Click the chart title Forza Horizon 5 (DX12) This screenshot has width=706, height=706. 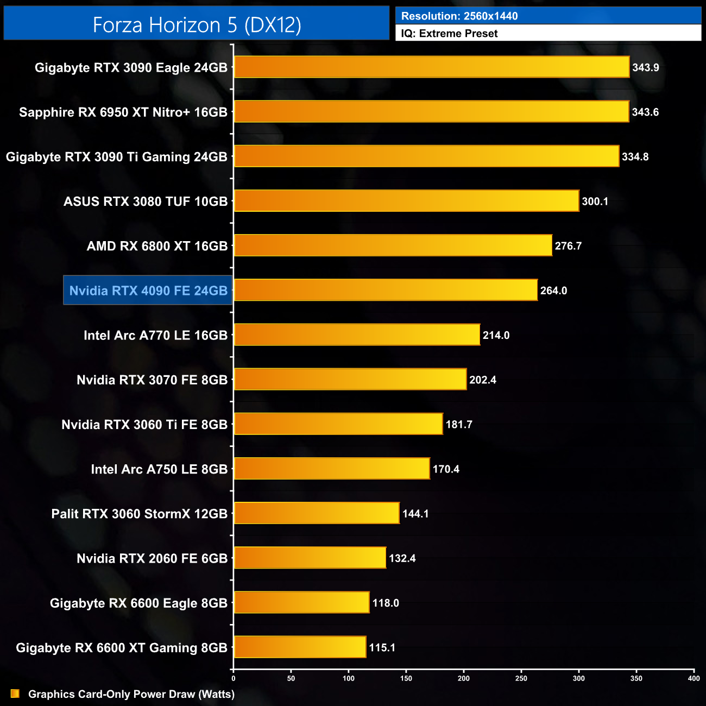tap(197, 24)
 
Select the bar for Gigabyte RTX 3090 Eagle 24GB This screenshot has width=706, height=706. tap(432, 67)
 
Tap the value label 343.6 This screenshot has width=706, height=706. tap(645, 112)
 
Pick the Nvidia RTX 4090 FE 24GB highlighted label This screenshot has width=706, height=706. tap(148, 291)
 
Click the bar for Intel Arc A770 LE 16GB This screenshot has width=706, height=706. tap(357, 335)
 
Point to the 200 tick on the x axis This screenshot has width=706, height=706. tap(464, 678)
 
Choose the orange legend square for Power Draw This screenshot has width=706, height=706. tap(15, 694)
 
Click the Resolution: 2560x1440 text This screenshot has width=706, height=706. tap(459, 16)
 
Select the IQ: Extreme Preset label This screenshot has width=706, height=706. tap(449, 34)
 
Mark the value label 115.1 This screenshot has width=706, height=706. tap(382, 647)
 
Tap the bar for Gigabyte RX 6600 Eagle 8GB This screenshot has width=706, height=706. tap(301, 603)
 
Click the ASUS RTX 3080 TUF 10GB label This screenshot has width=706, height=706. tap(146, 201)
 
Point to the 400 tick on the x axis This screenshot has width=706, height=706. tap(694, 678)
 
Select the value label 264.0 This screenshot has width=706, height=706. tap(553, 291)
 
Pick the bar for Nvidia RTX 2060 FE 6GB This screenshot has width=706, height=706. tap(310, 558)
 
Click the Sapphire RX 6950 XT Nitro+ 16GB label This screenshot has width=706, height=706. tap(123, 112)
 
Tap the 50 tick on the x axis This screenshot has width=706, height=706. tap(291, 678)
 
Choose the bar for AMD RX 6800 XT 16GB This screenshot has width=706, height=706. tap(393, 246)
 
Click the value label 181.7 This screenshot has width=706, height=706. tap(459, 424)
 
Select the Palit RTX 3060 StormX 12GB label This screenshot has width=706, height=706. tap(140, 514)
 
